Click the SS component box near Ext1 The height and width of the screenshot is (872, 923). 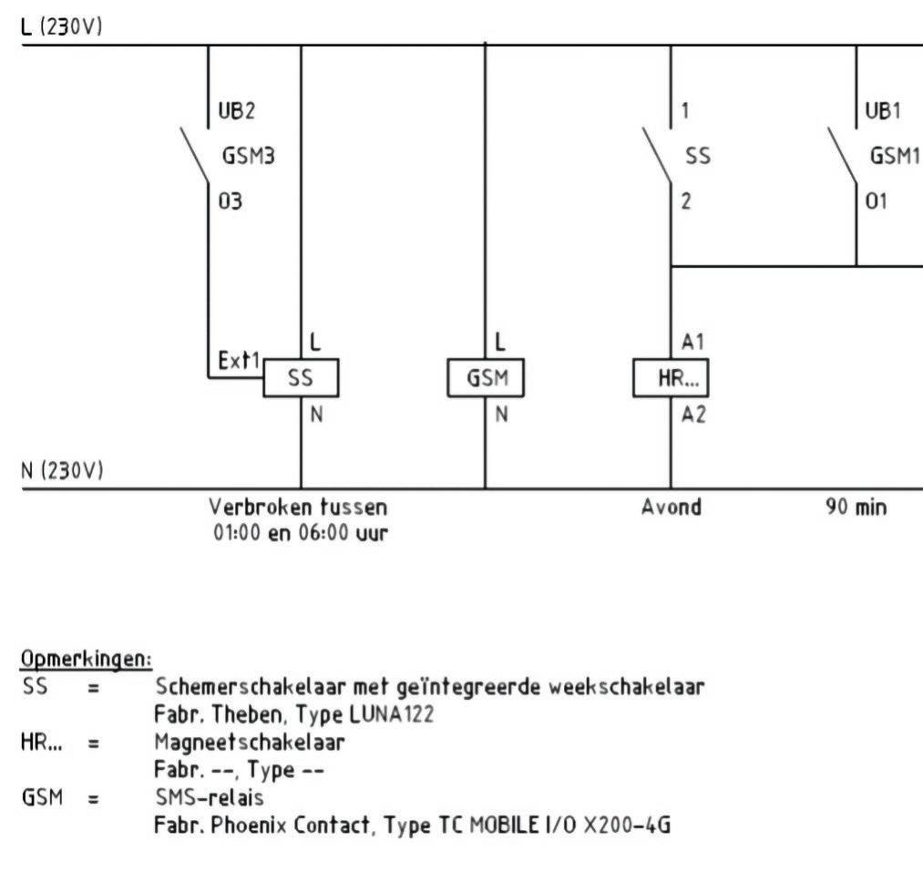(301, 378)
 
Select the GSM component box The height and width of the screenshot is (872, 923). (485, 378)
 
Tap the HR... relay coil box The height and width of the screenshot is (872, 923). (671, 378)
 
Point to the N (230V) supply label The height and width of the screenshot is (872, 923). (62, 471)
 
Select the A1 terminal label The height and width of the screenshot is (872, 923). (692, 342)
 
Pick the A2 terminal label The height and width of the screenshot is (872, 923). (692, 415)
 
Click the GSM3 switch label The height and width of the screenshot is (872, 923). (249, 156)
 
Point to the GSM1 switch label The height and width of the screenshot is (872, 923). (893, 156)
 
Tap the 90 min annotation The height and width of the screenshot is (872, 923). (856, 508)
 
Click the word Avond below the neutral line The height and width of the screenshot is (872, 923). (672, 508)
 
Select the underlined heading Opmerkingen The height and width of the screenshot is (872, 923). (86, 658)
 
